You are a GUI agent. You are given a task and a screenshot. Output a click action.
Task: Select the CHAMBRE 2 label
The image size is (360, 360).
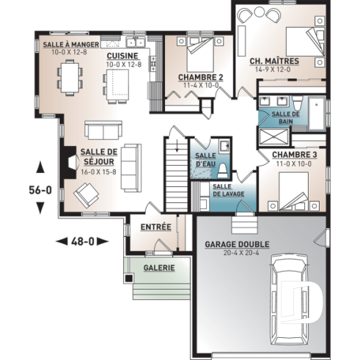pos(201,77)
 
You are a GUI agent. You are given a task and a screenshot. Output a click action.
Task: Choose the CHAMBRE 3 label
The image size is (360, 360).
pos(294,155)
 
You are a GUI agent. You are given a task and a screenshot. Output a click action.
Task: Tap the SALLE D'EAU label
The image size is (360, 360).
pos(203,158)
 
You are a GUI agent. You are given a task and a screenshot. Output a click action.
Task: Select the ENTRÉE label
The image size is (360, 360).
pos(155,227)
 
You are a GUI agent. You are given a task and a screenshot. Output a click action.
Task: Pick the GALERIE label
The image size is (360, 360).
pos(159,268)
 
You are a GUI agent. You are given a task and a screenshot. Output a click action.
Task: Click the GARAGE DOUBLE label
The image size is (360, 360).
pos(237,244)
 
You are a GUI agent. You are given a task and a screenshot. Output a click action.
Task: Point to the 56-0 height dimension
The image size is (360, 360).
pos(40,189)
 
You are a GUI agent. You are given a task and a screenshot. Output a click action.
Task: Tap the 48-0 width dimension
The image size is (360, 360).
pos(81,240)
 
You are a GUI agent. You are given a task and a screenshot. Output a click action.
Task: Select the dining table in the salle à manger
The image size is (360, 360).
pos(72,78)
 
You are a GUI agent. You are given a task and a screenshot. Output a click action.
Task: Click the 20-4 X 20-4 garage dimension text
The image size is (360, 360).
pos(237,253)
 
